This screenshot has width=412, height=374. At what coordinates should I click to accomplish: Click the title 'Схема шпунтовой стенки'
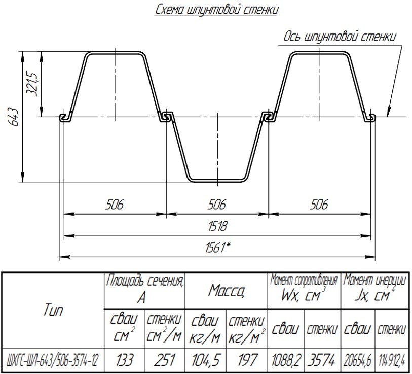pyautogui.click(x=216, y=10)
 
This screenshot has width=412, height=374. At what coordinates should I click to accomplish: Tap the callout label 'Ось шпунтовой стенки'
pyautogui.click(x=340, y=37)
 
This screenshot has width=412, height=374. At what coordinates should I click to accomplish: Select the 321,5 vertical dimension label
pyautogui.click(x=33, y=84)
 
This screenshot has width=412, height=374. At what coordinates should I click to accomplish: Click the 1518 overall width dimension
pyautogui.click(x=217, y=227)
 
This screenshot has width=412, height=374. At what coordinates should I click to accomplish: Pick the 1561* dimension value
pyautogui.click(x=218, y=248)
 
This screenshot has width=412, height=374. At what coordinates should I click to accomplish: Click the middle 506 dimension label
pyautogui.click(x=217, y=205)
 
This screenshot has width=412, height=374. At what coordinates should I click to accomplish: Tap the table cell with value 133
pyautogui.click(x=124, y=360)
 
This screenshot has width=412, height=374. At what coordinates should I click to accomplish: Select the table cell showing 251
pyautogui.click(x=165, y=360)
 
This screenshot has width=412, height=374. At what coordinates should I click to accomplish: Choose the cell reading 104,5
pyautogui.click(x=205, y=360)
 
